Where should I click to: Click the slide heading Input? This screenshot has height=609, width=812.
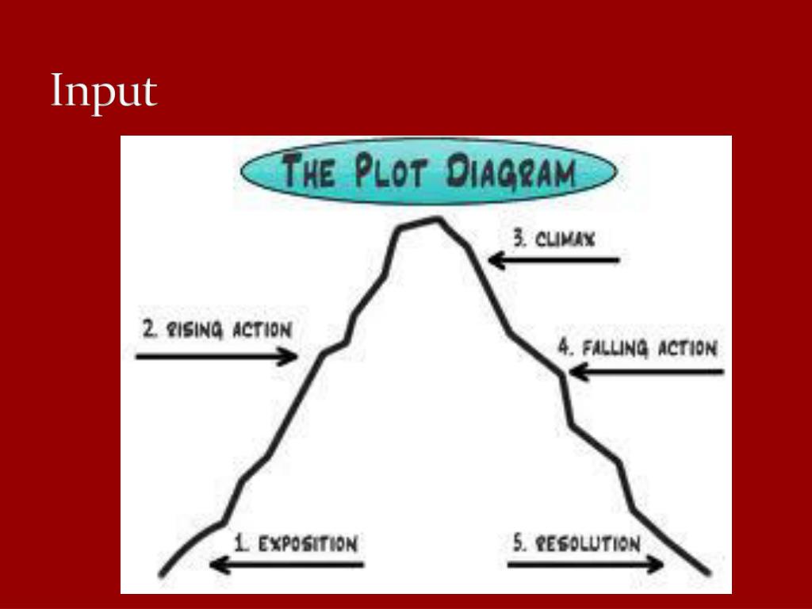[x=104, y=93]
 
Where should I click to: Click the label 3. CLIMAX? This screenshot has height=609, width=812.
[x=553, y=238]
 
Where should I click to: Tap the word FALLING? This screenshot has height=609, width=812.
[x=614, y=348]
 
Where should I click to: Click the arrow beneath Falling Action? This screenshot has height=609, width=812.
[x=646, y=371]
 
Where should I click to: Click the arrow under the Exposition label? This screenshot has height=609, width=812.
[x=286, y=565]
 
